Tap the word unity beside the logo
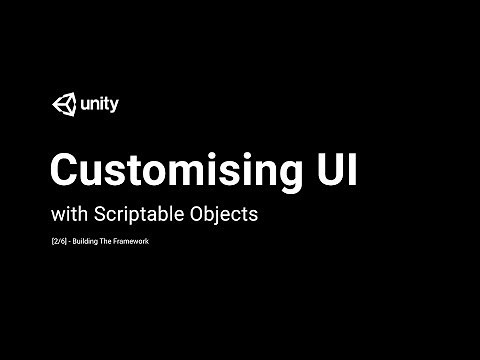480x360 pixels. pyautogui.click(x=98, y=103)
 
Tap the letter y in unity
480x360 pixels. pyautogui.click(x=114, y=105)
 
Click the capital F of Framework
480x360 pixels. pyautogui.click(x=130, y=242)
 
